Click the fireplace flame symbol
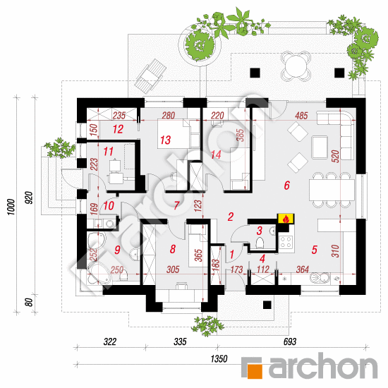coord(286,219)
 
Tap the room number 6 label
coord(287,185)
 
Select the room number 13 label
coord(165,140)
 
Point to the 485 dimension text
coord(301,116)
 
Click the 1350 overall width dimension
coord(219,358)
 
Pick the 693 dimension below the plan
coord(290,341)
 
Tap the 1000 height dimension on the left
coord(11,207)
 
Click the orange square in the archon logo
coord(255,370)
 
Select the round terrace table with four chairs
coord(296,66)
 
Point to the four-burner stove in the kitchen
coord(286,242)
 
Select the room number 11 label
coord(108,152)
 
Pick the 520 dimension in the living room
coord(335,156)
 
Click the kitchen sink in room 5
coord(320,278)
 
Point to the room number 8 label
coord(173,249)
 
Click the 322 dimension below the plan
coord(109,341)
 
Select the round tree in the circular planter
coord(200,44)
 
